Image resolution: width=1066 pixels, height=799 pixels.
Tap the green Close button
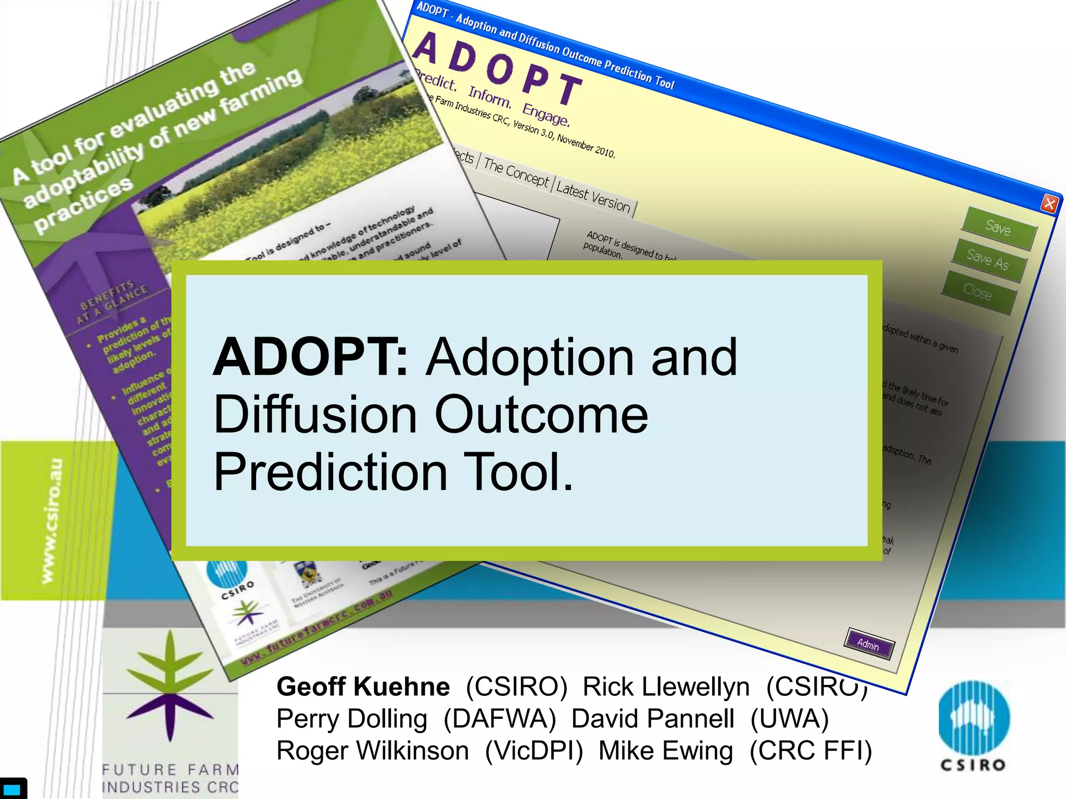tap(978, 292)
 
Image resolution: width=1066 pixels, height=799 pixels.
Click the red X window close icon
tap(1049, 204)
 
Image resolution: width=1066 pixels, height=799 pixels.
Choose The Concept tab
tap(516, 172)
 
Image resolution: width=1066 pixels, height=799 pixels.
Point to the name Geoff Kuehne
tap(363, 687)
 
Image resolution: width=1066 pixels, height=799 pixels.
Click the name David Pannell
tap(653, 719)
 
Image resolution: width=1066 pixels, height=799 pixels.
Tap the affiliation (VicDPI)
tap(534, 751)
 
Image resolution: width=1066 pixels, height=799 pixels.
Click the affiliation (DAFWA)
tap(500, 719)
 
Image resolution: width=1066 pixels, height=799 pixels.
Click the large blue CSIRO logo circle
tap(974, 718)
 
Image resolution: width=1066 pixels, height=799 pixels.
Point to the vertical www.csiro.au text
tap(52, 520)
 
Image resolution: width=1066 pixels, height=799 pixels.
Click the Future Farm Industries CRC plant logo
tap(170, 687)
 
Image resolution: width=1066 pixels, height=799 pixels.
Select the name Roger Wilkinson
tap(372, 751)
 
